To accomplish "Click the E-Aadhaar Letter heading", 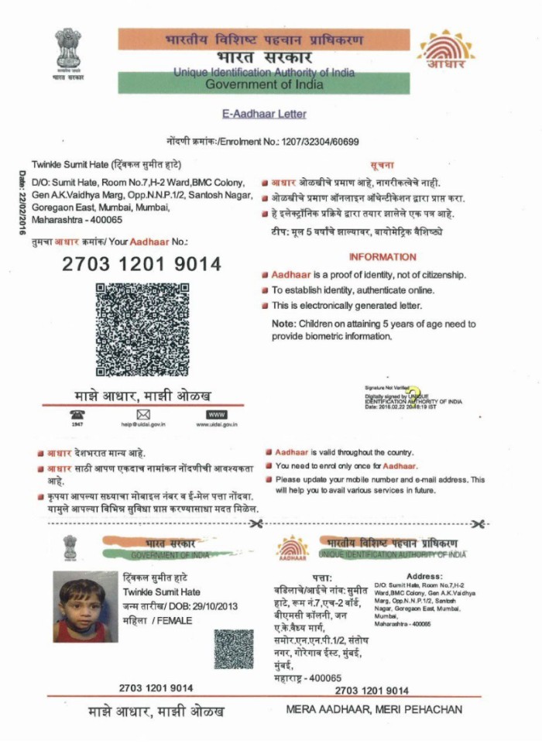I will point(270,114).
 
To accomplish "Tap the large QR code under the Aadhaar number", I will point(142,329).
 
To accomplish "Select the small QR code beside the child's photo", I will point(234,649).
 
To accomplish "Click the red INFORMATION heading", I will point(382,257).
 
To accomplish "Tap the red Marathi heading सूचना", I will point(382,166).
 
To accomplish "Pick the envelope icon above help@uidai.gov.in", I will point(142,415).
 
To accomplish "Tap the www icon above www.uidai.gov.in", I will point(216,415).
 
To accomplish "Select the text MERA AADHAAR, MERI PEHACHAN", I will point(373,709).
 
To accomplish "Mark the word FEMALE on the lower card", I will point(174,620).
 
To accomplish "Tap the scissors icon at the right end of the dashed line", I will point(478,524).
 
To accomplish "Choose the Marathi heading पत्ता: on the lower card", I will point(321,578).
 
